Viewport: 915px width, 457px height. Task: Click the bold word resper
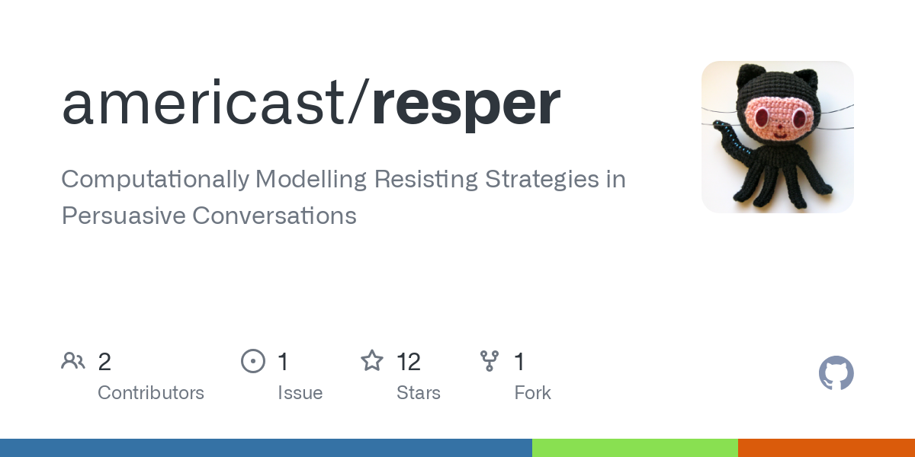point(466,104)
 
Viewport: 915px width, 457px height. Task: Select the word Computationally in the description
point(155,180)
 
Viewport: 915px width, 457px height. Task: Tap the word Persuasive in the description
point(124,216)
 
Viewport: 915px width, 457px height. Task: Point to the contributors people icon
point(73,361)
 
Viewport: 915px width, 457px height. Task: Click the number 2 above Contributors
point(104,362)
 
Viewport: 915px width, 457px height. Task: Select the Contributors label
point(151,393)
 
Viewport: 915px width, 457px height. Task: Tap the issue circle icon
point(252,361)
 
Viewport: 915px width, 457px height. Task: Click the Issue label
point(300,393)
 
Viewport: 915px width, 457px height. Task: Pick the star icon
point(371,361)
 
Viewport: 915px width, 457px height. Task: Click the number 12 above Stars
point(409,362)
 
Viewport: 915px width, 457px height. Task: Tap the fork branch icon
point(489,361)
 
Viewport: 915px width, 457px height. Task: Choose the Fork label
point(532,393)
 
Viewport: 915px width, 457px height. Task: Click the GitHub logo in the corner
point(836,373)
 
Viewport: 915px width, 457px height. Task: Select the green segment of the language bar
point(634,448)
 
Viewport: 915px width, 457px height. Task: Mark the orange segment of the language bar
point(827,448)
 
